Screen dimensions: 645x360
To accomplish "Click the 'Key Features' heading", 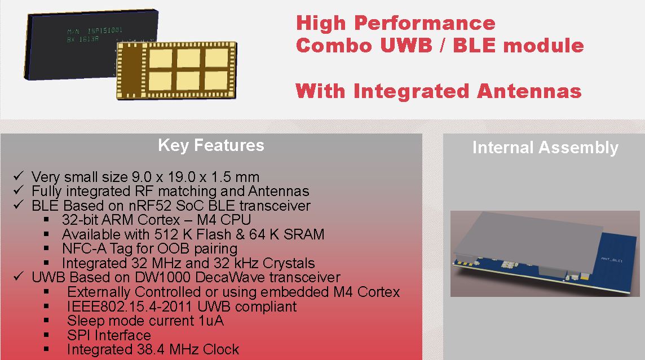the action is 211,145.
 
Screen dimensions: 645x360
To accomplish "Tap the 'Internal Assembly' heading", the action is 545,148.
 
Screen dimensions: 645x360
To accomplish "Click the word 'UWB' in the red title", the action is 405,45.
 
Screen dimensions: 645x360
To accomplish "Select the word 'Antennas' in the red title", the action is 529,91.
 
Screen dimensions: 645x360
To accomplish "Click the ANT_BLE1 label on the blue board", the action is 612,259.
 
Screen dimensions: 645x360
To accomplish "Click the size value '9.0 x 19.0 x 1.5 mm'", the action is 196,177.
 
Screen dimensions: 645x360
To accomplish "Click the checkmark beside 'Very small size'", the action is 19,176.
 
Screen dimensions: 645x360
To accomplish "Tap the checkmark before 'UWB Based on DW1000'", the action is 19,277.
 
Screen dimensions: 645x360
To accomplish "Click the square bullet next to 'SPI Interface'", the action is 46,335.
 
